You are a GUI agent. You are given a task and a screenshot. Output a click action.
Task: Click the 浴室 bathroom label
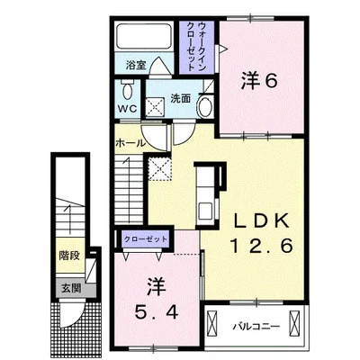136,65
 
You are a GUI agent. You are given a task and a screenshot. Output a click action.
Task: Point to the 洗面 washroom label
181,98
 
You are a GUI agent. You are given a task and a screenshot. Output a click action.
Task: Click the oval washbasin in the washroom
205,106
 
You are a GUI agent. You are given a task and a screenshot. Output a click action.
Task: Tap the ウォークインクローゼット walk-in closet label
196,46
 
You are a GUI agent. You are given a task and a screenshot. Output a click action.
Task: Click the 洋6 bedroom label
258,81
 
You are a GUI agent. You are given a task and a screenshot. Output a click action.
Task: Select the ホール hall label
130,143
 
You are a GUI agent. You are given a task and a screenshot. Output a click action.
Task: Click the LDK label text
262,221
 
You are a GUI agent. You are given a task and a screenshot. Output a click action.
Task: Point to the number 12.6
261,247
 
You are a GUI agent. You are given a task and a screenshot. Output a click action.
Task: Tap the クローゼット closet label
146,239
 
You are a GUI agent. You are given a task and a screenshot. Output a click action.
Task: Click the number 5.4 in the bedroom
156,313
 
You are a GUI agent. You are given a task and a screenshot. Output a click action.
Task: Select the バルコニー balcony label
256,326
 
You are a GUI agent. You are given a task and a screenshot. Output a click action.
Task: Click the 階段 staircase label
69,256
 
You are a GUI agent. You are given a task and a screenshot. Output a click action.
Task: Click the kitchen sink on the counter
205,210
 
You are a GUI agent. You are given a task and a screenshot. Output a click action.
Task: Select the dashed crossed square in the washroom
156,106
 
